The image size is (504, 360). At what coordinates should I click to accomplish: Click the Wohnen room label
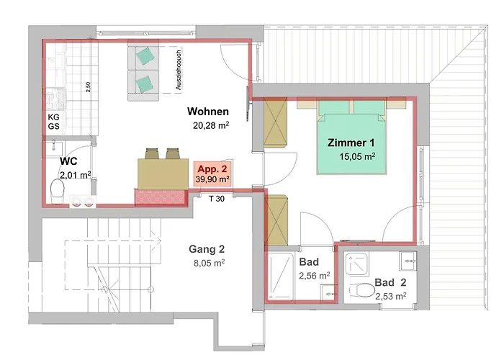pos(208,112)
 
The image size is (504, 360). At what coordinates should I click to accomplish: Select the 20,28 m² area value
pos(211,125)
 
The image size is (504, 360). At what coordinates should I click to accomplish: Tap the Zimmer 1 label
pos(351,143)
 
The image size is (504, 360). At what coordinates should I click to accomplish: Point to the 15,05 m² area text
pos(357,156)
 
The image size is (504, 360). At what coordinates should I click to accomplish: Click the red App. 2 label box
pos(212,174)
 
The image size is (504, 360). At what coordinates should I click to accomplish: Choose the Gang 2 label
pos(207,249)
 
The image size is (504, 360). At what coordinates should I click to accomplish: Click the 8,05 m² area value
pos(209,264)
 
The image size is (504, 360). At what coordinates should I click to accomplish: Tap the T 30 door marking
pos(217,199)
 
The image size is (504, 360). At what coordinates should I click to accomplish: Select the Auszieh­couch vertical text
pos(179,70)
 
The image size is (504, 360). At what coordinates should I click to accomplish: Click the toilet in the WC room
pos(58,192)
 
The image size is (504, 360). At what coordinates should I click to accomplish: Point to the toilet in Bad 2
pos(362,290)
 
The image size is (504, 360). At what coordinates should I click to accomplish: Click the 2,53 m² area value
pos(390,296)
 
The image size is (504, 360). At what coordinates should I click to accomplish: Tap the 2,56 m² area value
pos(315,276)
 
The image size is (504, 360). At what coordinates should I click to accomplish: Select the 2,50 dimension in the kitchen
pos(89,87)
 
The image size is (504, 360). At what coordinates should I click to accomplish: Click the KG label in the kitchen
pos(54,117)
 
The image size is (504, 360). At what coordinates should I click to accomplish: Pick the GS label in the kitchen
pos(54,126)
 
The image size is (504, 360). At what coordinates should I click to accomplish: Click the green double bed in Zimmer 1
pos(352,138)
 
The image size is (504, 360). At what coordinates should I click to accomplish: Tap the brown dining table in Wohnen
pos(163,174)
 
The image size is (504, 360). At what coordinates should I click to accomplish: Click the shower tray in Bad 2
pos(356,264)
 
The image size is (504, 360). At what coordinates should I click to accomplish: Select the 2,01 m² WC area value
pos(75,176)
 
